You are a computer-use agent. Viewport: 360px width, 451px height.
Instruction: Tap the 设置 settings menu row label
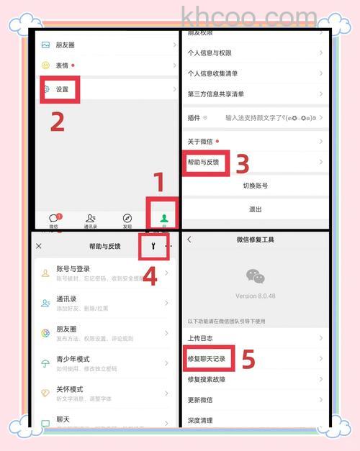62,89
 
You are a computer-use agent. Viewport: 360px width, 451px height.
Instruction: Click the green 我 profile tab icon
164,218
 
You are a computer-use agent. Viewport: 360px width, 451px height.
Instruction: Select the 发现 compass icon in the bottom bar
127,218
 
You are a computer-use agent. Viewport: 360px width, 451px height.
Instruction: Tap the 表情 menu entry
63,65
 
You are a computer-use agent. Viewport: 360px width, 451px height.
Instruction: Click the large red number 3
243,164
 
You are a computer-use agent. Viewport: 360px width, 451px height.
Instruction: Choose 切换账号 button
255,186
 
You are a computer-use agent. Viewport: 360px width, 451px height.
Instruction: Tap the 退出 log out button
255,209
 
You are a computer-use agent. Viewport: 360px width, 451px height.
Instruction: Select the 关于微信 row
201,142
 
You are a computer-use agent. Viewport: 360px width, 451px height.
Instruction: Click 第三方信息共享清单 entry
215,94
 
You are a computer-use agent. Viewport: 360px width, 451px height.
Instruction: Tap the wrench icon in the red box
153,246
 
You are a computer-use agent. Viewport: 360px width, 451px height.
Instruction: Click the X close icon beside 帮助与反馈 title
39,246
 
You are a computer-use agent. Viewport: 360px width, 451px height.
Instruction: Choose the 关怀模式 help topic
71,388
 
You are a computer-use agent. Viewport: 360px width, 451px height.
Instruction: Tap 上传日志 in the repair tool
200,337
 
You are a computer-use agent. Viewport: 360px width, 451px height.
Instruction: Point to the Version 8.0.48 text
255,296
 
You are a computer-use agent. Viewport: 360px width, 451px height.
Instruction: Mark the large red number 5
248,359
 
